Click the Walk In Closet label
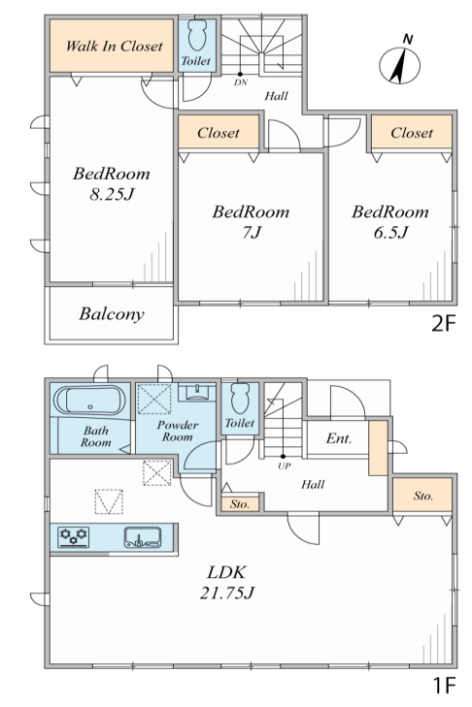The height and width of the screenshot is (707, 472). [114, 46]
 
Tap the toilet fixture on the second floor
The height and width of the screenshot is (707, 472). [197, 35]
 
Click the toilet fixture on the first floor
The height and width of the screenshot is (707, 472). [240, 399]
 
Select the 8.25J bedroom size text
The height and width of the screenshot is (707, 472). [112, 195]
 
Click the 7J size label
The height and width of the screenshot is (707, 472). [252, 233]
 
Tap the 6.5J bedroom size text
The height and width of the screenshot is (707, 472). [390, 233]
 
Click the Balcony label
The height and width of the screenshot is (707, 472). [112, 314]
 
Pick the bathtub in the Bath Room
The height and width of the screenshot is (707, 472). [89, 401]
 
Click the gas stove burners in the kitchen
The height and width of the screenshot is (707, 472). [73, 536]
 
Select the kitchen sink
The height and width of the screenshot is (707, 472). [143, 537]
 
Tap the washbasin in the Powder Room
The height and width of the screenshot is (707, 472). [196, 392]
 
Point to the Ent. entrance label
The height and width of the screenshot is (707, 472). [339, 438]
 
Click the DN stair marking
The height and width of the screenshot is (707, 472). [241, 83]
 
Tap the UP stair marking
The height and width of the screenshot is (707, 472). [285, 466]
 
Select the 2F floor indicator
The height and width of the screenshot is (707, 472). [444, 323]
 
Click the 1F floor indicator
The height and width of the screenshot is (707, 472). [444, 686]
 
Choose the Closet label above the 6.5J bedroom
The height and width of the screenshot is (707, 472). [412, 133]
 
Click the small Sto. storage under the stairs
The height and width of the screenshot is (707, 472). [240, 503]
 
